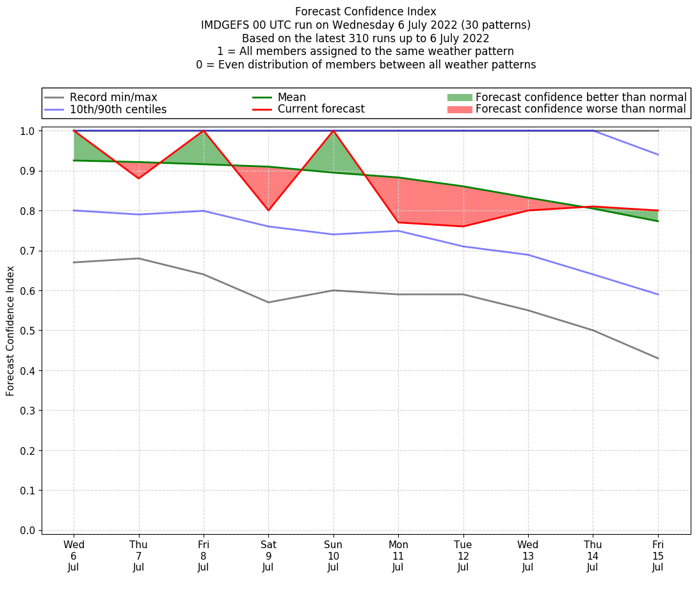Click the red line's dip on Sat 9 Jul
(x=268, y=210)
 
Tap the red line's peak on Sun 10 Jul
(x=333, y=130)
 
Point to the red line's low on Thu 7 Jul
(x=138, y=178)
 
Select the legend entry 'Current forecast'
(x=321, y=109)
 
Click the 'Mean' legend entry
(x=291, y=97)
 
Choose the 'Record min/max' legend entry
(x=113, y=97)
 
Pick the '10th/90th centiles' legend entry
(x=118, y=109)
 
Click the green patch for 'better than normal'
(x=459, y=97)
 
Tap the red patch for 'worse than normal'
(x=459, y=109)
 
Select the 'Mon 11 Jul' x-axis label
(x=398, y=556)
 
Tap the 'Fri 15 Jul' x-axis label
(x=658, y=556)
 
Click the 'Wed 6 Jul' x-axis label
(x=74, y=556)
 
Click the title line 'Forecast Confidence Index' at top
(x=366, y=12)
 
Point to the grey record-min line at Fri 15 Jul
(x=658, y=358)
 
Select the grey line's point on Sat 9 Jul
(x=268, y=302)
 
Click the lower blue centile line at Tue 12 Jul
(x=463, y=246)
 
